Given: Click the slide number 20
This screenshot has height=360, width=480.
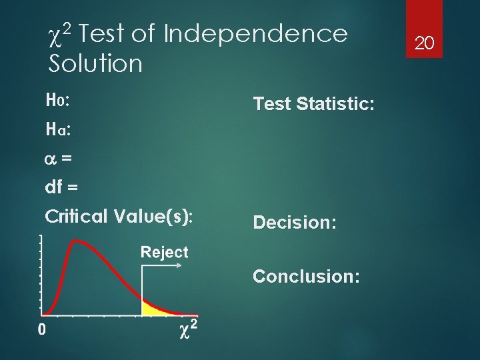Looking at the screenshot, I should (x=425, y=44).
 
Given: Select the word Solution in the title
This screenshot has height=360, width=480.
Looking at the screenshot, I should (x=95, y=64).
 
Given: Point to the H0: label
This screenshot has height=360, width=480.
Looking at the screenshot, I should (x=59, y=100).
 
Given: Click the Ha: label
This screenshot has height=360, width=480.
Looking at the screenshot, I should (x=59, y=129).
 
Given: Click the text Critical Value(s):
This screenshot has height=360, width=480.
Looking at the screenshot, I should (x=119, y=217).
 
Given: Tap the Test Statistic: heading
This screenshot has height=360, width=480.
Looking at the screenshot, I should (x=313, y=103).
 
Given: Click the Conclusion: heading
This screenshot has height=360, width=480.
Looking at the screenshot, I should (x=307, y=276).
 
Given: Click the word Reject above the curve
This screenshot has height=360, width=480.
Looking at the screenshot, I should (x=164, y=252).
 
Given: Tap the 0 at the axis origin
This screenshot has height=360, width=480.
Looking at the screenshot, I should (x=41, y=329).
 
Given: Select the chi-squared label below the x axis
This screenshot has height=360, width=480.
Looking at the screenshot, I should (x=188, y=329).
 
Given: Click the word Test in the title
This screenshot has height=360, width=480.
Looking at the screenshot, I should (x=104, y=33).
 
